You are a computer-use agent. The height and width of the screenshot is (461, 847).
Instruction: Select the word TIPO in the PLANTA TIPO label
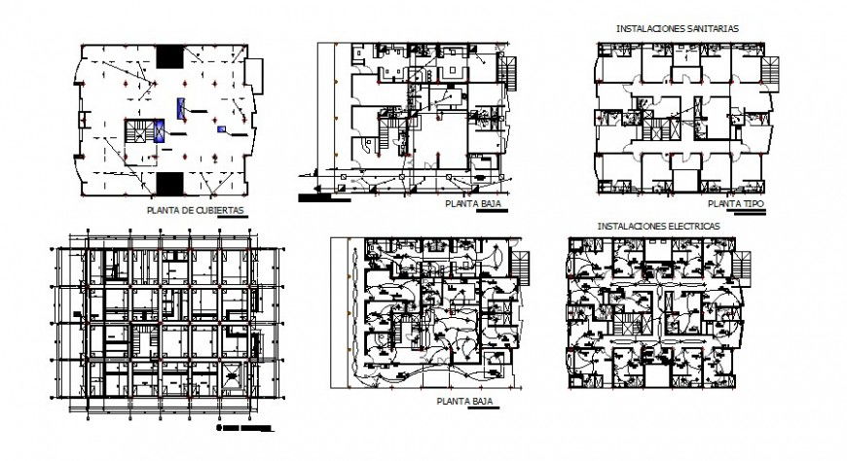click(x=750, y=204)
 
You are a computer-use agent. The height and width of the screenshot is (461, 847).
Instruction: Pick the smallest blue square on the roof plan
click(x=223, y=128)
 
